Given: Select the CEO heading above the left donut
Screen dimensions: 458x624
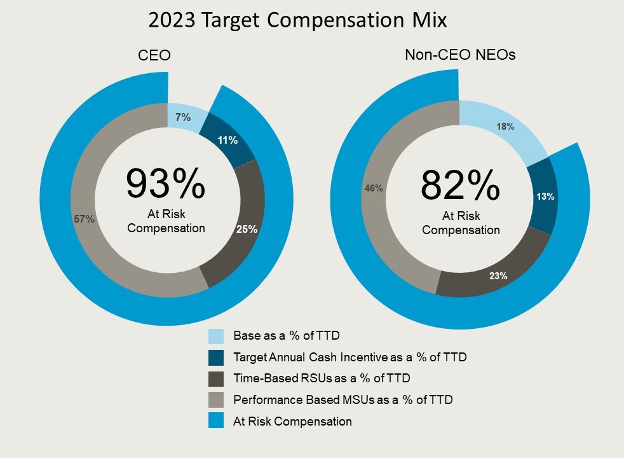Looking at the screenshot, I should pyautogui.click(x=154, y=56).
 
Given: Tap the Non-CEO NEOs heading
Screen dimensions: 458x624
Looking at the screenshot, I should pyautogui.click(x=460, y=55).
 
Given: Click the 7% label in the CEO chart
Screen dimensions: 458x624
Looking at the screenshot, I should pyautogui.click(x=184, y=117).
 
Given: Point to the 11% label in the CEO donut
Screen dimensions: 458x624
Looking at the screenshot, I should pyautogui.click(x=227, y=140).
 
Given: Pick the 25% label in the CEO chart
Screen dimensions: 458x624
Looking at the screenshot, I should pyautogui.click(x=247, y=229).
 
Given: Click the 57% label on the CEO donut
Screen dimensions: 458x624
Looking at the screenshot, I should pyautogui.click(x=85, y=219).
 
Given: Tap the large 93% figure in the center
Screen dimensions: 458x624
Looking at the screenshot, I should pyautogui.click(x=165, y=184).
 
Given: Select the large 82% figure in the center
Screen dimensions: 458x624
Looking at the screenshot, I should pyautogui.click(x=460, y=186).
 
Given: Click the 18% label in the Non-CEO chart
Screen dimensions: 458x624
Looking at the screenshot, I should pyautogui.click(x=505, y=127).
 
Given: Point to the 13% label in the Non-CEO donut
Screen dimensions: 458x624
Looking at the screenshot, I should pyautogui.click(x=545, y=197).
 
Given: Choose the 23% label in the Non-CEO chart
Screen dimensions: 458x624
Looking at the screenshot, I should pyautogui.click(x=498, y=276).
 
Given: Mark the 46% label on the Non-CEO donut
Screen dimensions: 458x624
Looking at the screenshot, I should pyautogui.click(x=374, y=188).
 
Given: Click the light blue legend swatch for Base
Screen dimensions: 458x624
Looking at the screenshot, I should pyautogui.click(x=216, y=336).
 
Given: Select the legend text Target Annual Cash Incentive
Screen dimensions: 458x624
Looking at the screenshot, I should pyautogui.click(x=349, y=357).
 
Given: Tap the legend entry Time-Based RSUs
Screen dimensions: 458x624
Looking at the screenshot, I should pyautogui.click(x=322, y=378).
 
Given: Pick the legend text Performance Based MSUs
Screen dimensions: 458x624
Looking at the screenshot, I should pyautogui.click(x=343, y=400).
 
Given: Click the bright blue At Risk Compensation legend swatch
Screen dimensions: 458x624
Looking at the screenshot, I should pyautogui.click(x=216, y=421).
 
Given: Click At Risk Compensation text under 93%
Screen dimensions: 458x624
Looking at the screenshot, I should pyautogui.click(x=166, y=221).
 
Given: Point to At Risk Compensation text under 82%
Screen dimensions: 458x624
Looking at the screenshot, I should pyautogui.click(x=461, y=223).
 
